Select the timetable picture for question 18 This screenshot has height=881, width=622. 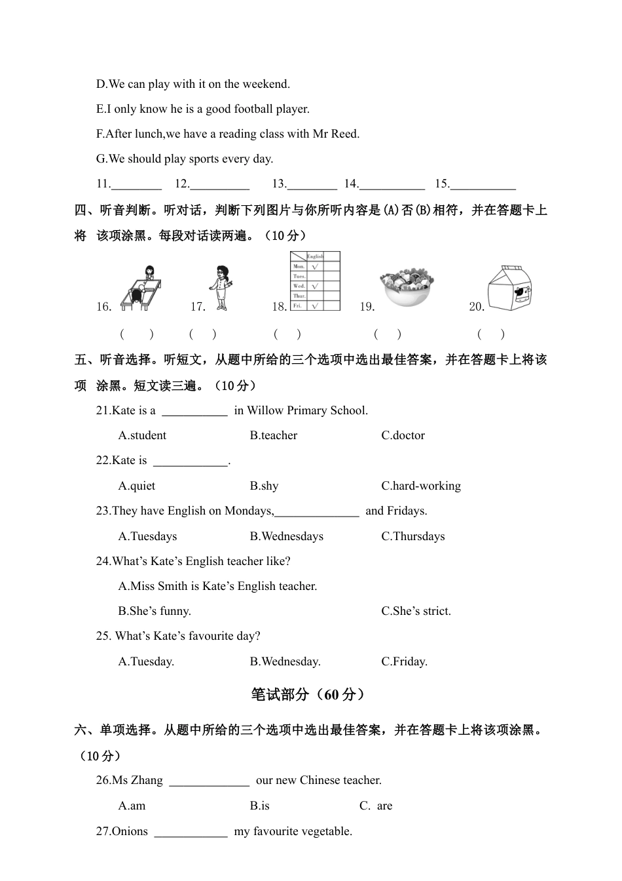click(x=315, y=281)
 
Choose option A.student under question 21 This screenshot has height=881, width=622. click(x=142, y=435)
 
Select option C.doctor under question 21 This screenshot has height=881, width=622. click(x=403, y=435)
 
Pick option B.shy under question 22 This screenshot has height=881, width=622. click(x=264, y=486)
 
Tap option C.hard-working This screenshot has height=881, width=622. click(x=421, y=486)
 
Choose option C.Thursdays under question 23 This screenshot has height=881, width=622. click(x=413, y=536)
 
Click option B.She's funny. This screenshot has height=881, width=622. click(x=155, y=611)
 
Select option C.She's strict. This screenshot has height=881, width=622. click(x=416, y=611)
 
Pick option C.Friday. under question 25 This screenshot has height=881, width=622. click(x=404, y=661)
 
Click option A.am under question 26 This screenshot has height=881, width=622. click(x=132, y=806)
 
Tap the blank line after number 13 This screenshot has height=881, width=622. click(x=312, y=186)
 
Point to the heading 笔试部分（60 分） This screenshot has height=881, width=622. click(x=308, y=695)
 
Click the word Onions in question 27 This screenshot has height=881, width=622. click(x=130, y=831)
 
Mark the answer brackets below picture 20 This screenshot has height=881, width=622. click(x=491, y=334)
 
